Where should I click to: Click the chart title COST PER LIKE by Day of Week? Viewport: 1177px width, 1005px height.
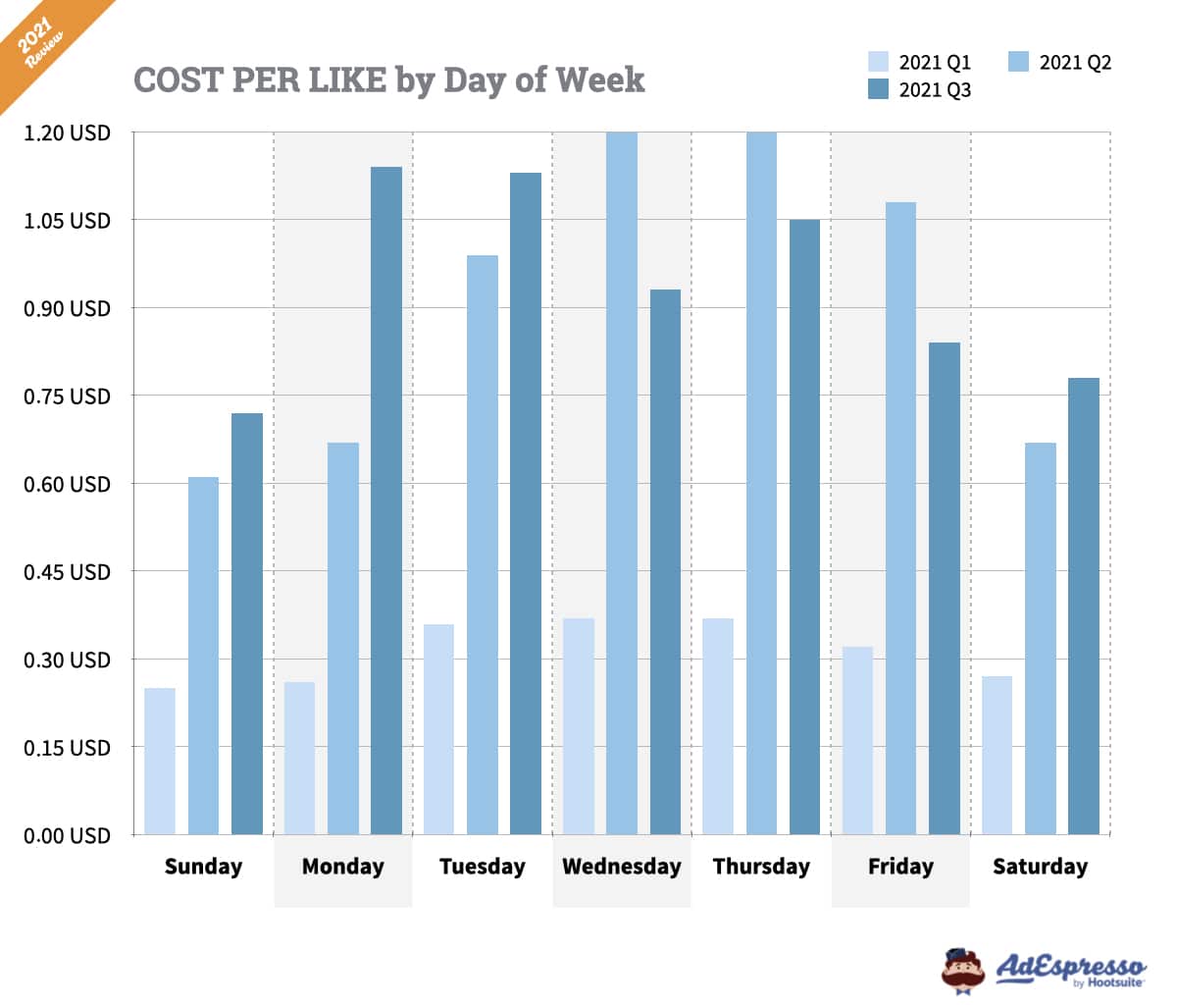click(x=388, y=79)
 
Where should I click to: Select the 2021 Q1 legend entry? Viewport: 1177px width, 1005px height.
click(x=920, y=63)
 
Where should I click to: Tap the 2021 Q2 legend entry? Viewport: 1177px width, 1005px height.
click(x=1060, y=63)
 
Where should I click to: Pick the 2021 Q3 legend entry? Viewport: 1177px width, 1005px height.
click(x=920, y=90)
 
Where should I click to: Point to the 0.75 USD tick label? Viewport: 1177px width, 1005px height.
click(x=67, y=397)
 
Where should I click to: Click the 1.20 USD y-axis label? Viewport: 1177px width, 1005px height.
click(x=67, y=132)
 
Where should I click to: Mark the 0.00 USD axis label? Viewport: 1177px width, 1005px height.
click(x=67, y=835)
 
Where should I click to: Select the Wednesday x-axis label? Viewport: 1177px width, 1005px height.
click(x=621, y=867)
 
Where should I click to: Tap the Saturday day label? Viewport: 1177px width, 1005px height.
click(x=1040, y=867)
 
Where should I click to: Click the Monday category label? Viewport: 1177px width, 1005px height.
click(x=342, y=867)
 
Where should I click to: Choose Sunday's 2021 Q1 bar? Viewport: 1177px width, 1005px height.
click(x=160, y=762)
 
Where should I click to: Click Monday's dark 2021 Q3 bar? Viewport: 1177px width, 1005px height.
click(x=386, y=501)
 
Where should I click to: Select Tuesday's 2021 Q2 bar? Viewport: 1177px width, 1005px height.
click(x=483, y=545)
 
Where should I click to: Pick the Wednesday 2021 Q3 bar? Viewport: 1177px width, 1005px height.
click(x=665, y=561)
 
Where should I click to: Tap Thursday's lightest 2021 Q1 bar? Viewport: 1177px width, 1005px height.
click(x=718, y=726)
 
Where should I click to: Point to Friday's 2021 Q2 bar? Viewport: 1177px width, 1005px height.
click(x=900, y=518)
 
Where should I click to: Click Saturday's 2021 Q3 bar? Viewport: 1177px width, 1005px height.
click(x=1084, y=606)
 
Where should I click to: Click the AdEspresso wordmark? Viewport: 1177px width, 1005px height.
click(x=1071, y=967)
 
